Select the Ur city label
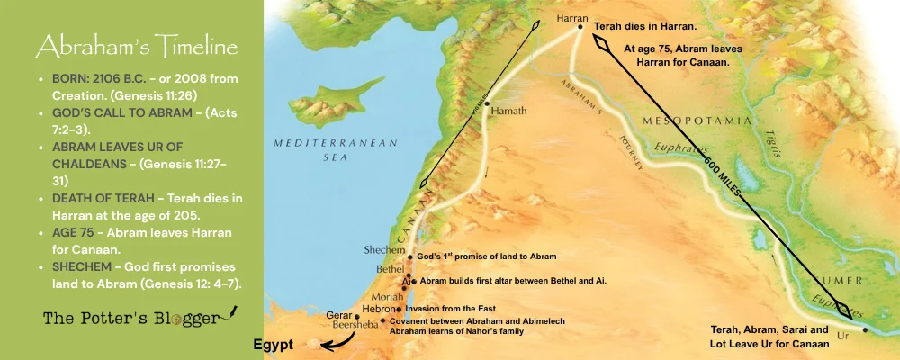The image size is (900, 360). (842, 335)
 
